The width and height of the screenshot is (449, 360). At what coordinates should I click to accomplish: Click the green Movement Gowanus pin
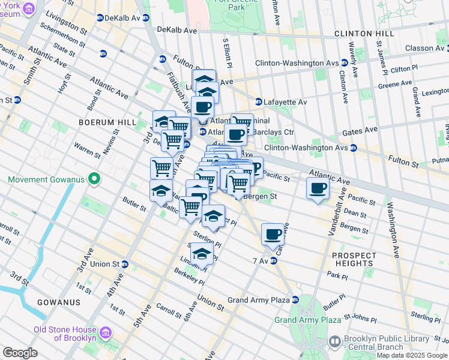tap(93, 179)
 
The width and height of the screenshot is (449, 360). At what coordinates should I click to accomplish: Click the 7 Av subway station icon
tap(273, 260)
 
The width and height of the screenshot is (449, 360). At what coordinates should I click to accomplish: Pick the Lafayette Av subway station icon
tap(259, 102)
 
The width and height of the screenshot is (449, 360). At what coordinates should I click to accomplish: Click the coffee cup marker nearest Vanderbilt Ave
tap(318, 188)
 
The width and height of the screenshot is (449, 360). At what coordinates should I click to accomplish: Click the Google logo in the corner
tap(20, 353)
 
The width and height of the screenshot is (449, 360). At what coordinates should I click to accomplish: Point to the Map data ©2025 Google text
tap(411, 355)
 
